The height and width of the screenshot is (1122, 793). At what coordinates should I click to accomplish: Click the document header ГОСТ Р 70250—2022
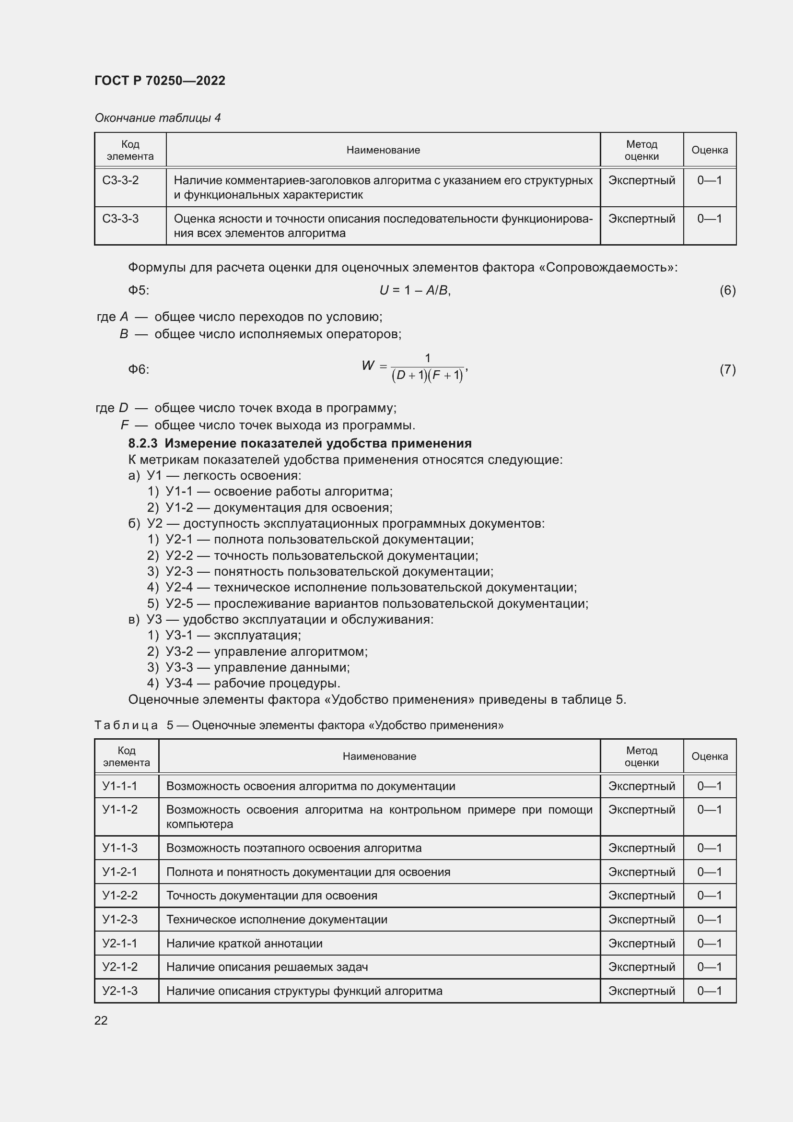(x=160, y=81)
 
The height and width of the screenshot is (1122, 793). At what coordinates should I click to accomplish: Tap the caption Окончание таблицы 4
(x=157, y=118)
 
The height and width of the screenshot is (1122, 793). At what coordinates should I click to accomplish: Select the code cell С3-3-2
(x=120, y=180)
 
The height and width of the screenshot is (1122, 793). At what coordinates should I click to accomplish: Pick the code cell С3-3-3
(x=120, y=218)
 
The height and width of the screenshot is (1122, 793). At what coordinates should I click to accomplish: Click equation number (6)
(x=727, y=290)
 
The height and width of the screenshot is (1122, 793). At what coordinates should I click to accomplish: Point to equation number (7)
(x=727, y=369)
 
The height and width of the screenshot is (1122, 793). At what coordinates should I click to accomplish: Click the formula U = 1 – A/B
(x=415, y=290)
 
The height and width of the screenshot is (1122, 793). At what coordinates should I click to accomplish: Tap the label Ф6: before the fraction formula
(x=138, y=369)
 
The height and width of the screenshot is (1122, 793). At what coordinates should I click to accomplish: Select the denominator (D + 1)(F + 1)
(x=427, y=375)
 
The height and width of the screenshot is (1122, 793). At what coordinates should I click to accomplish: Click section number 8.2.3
(x=142, y=443)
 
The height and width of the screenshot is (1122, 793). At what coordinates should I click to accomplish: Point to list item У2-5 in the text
(x=179, y=603)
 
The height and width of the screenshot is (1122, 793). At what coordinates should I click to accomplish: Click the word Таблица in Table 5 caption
(x=126, y=725)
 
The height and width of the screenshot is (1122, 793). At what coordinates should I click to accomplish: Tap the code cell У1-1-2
(x=120, y=810)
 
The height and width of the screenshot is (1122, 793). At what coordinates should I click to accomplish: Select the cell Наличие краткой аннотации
(x=244, y=943)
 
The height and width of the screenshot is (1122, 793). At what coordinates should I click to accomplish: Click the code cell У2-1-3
(x=120, y=991)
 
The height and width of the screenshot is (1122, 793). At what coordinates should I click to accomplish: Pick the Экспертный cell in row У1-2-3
(x=641, y=919)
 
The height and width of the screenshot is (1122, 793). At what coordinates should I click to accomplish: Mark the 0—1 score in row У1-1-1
(x=709, y=786)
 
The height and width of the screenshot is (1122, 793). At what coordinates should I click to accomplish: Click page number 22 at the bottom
(x=101, y=1020)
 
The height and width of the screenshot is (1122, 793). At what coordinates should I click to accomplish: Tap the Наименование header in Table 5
(x=379, y=756)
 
